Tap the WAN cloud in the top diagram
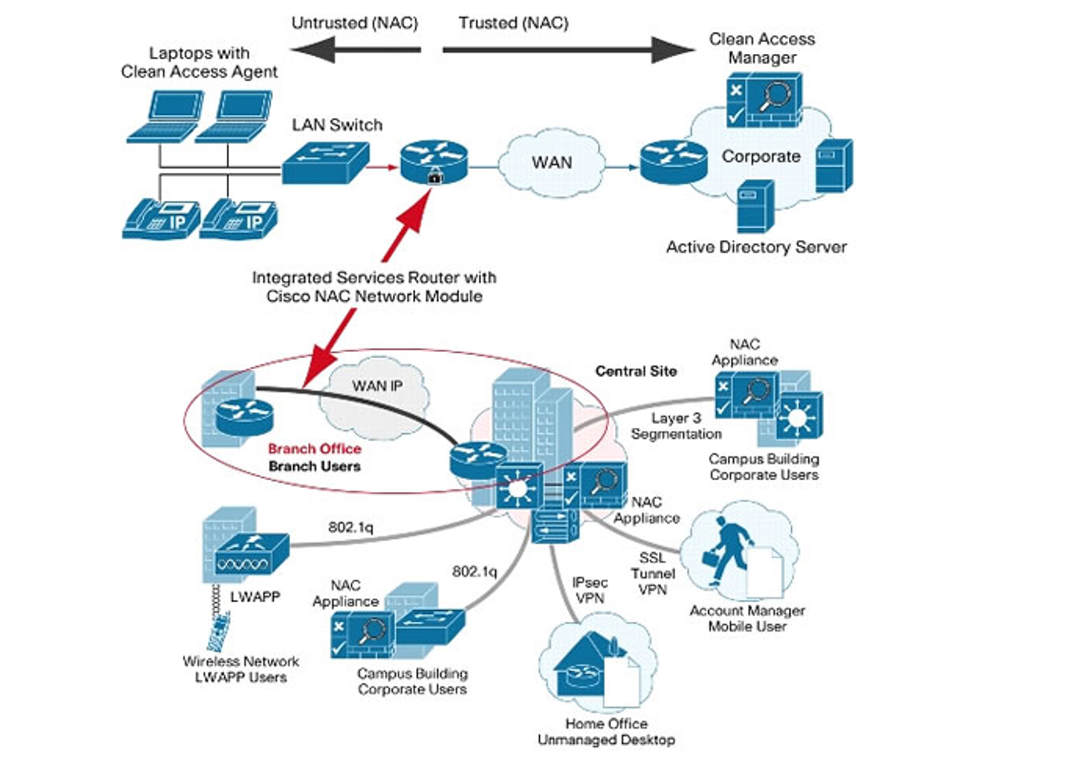coord(551,163)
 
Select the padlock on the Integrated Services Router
coord(434,177)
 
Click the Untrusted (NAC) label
coord(355,23)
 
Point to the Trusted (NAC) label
coord(513,23)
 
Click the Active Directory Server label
coord(756,247)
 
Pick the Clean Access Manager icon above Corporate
coord(764,100)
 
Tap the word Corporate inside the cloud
coord(761,156)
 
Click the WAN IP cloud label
coord(377,386)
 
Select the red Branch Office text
coord(314,449)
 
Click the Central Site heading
coord(636,371)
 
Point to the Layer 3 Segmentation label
coord(676,426)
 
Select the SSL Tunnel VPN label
coord(653,573)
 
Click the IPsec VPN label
coord(590,590)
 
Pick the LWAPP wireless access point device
coord(251,555)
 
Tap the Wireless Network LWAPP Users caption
coord(241,669)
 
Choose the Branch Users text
coord(314,466)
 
